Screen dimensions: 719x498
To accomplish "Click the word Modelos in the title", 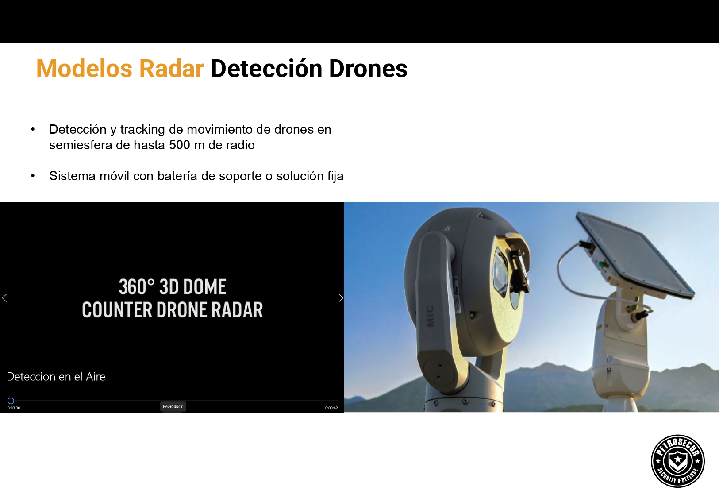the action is (x=84, y=68).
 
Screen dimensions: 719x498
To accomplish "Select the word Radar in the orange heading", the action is (x=171, y=68).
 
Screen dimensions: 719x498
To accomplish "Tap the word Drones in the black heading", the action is (x=368, y=68).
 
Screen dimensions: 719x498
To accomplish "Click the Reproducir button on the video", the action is (x=173, y=406).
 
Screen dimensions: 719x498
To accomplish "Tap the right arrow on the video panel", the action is (x=341, y=298).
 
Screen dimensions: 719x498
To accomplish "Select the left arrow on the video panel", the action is (x=4, y=298).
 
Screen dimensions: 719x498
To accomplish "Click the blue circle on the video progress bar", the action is (x=11, y=401).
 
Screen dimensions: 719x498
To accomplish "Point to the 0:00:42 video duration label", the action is (x=331, y=408).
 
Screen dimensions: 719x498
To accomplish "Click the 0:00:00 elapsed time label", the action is (x=13, y=408).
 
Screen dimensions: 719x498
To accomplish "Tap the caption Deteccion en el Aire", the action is (x=56, y=377).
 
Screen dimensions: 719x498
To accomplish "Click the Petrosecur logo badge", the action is (x=677, y=461).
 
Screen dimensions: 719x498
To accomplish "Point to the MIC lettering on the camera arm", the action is (x=430, y=316).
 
